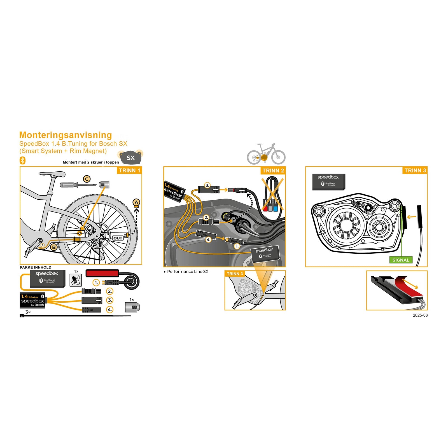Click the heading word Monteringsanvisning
pos(66,135)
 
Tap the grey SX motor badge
pos(130,158)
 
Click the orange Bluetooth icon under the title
pos(23,160)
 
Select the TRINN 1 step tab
pos(129,171)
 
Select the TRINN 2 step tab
pos(273,171)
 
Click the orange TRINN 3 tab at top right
pos(415,171)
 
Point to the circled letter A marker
pos(136,202)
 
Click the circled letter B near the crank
pos(54,247)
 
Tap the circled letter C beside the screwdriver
pos(87,179)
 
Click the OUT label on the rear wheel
pos(118,238)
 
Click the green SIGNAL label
pos(401,260)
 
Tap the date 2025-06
pos(420,315)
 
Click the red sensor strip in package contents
pos(102,273)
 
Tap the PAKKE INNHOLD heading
pos(36,267)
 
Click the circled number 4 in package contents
pos(110,310)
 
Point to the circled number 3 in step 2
pos(207,185)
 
